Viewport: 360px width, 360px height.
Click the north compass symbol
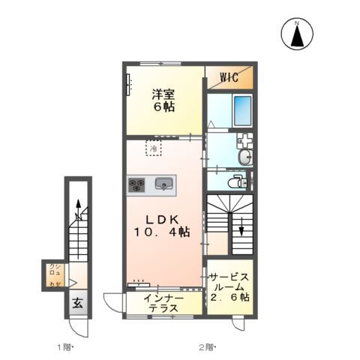point(297,35)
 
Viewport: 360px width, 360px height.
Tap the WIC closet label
point(229,76)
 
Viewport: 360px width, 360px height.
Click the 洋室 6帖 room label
point(165,101)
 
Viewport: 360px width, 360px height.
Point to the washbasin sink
point(244,157)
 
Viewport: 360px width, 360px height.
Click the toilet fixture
point(238,181)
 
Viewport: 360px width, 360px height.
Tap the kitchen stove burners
point(137,183)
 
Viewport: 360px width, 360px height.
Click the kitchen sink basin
point(164,183)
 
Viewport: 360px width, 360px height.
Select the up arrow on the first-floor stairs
point(77,208)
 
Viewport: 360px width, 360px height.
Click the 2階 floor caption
point(206,346)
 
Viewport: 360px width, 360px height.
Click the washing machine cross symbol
point(244,140)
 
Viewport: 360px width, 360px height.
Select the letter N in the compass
point(297,23)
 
